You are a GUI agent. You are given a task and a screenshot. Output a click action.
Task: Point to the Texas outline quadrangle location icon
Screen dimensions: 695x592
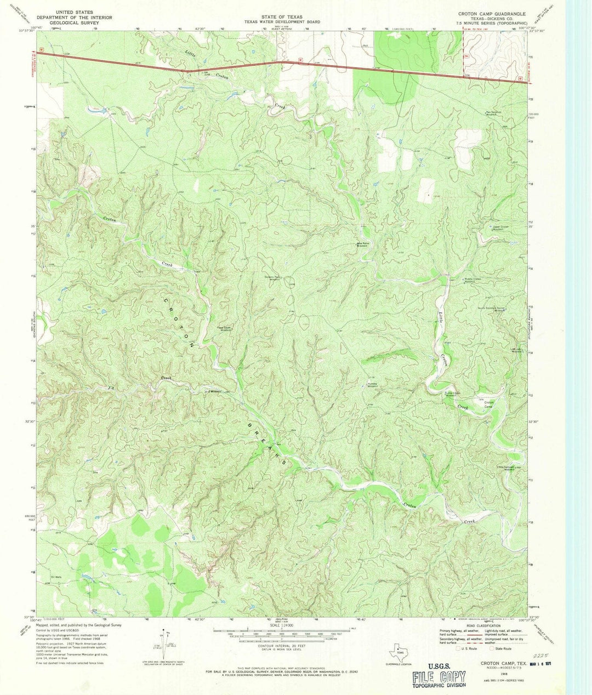pos(399,653)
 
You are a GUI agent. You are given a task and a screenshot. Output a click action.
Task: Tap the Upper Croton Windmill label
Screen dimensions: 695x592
pos(497,227)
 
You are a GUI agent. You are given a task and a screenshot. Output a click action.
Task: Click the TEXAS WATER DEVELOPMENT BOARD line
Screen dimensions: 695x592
pos(282,22)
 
